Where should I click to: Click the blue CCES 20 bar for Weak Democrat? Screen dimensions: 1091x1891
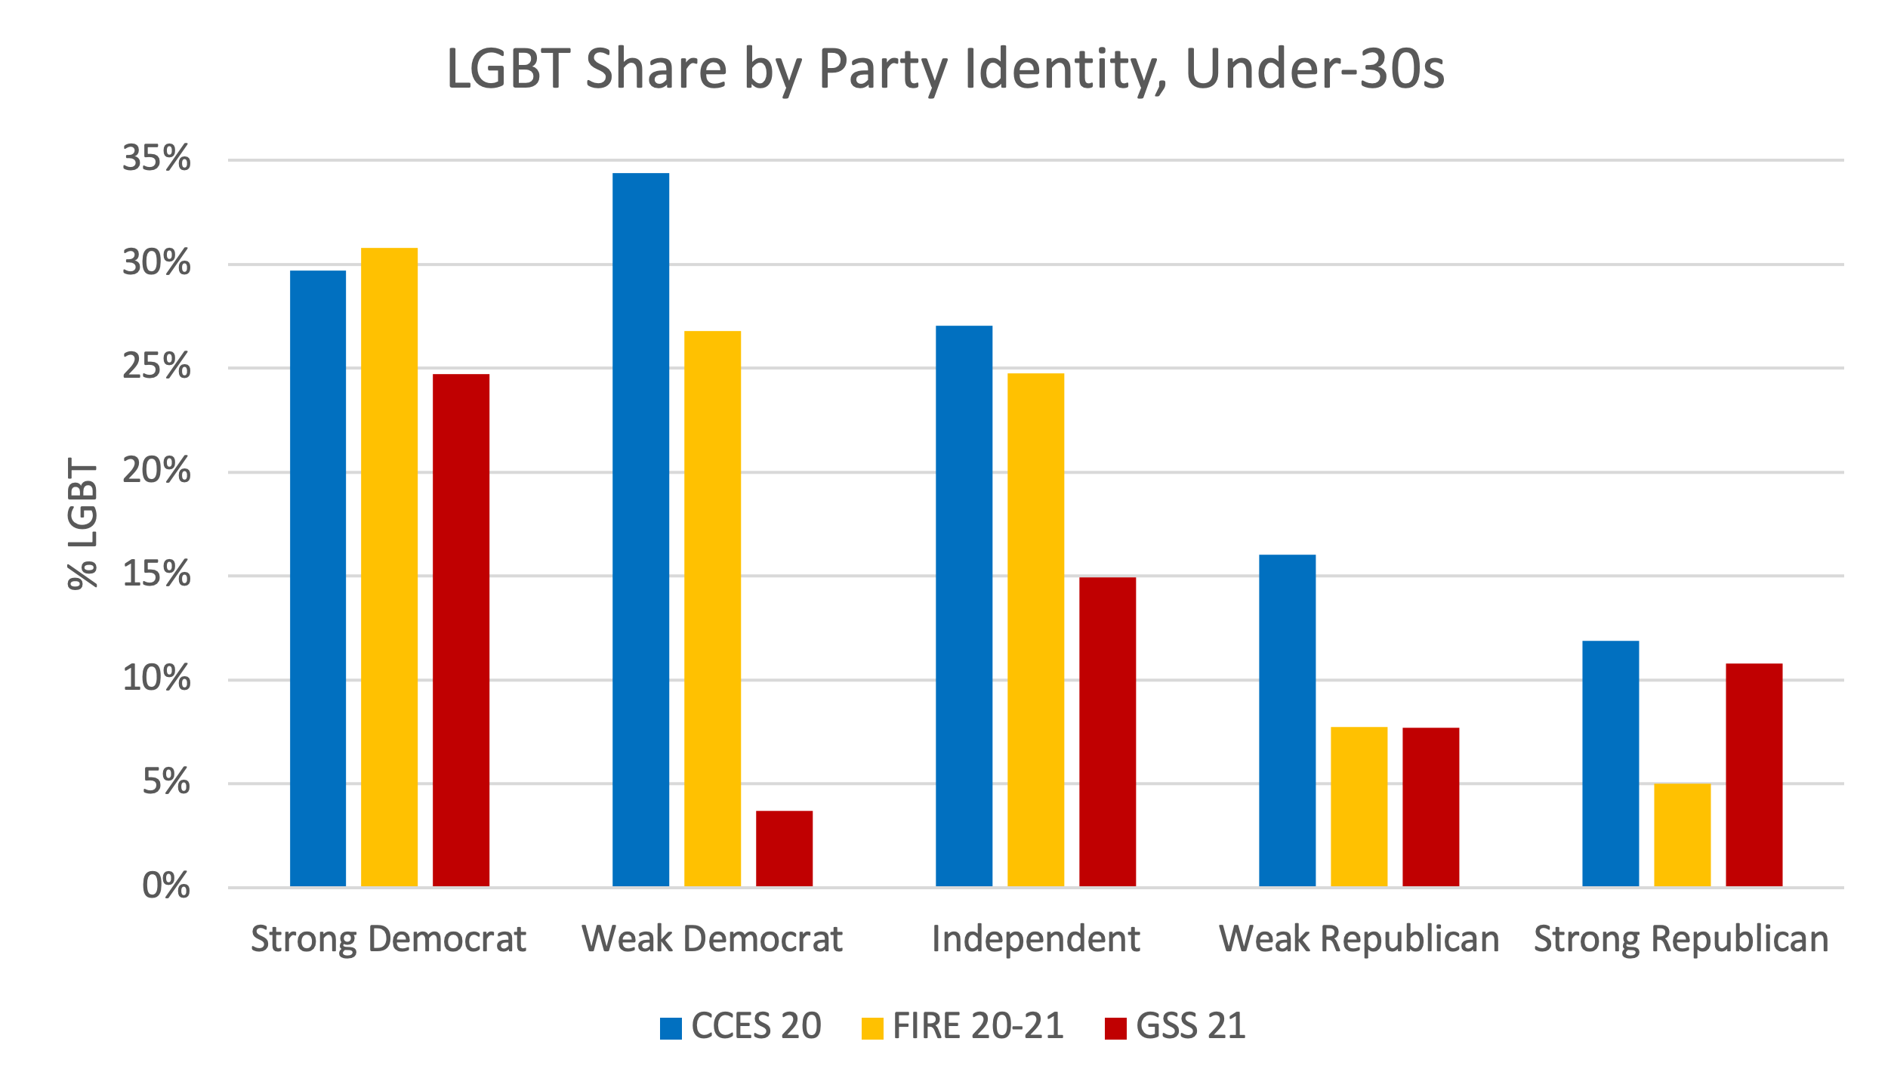(x=640, y=529)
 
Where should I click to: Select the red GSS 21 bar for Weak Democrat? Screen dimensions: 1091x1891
(x=784, y=848)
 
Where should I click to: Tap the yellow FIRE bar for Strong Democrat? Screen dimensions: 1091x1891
(x=389, y=567)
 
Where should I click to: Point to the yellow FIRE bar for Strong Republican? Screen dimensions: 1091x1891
(x=1682, y=835)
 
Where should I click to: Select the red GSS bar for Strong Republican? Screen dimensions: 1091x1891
(x=1754, y=774)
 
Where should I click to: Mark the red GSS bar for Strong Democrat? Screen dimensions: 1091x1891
(x=461, y=630)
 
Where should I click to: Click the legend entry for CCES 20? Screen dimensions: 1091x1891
(x=741, y=1027)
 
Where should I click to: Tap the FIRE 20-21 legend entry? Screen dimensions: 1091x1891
(x=963, y=1027)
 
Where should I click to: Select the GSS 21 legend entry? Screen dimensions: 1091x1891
(x=1175, y=1027)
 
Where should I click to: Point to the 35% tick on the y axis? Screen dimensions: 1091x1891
(x=156, y=159)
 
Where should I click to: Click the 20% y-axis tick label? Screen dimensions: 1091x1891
(x=156, y=471)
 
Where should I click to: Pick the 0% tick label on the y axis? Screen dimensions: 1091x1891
(x=166, y=886)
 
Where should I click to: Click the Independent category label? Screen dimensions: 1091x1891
(x=1035, y=939)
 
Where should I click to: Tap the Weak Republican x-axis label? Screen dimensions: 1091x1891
(x=1359, y=939)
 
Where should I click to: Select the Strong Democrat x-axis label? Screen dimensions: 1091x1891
(x=388, y=939)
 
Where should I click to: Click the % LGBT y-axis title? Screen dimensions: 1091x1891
(x=83, y=523)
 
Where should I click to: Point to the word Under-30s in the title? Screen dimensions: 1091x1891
(x=1315, y=70)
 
